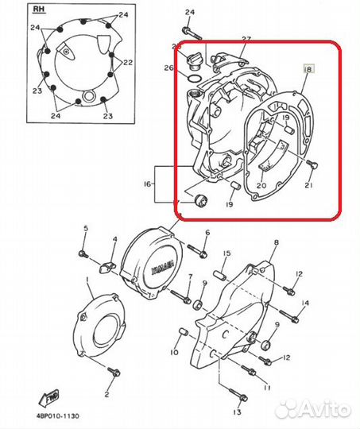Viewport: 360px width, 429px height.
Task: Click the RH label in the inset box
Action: [37, 11]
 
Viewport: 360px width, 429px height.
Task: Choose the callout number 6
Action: [207, 234]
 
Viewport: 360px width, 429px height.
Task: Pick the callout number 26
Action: [168, 69]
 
